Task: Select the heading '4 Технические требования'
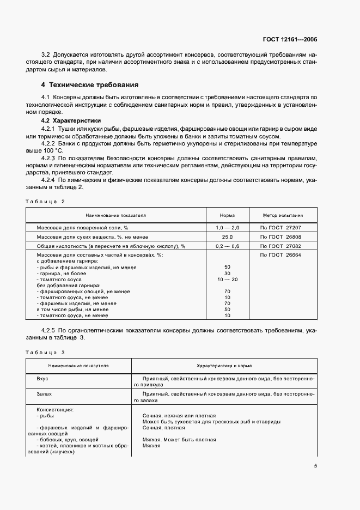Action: coord(90,85)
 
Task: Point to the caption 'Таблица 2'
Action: coord(45,202)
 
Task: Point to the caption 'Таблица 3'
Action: coord(45,352)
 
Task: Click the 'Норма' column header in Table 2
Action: coord(227,215)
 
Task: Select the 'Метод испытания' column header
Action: coord(283,215)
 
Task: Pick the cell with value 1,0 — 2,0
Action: coord(227,228)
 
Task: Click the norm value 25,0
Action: coord(227,237)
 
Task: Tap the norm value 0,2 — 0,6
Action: coord(227,246)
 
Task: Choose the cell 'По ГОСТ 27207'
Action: coord(282,228)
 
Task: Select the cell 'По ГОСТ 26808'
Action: coord(282,237)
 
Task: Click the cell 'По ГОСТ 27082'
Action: coord(282,246)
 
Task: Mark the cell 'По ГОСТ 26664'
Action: coord(282,255)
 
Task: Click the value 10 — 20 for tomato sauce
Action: coord(227,280)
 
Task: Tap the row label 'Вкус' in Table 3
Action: coord(42,378)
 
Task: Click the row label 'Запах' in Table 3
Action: coord(44,393)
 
